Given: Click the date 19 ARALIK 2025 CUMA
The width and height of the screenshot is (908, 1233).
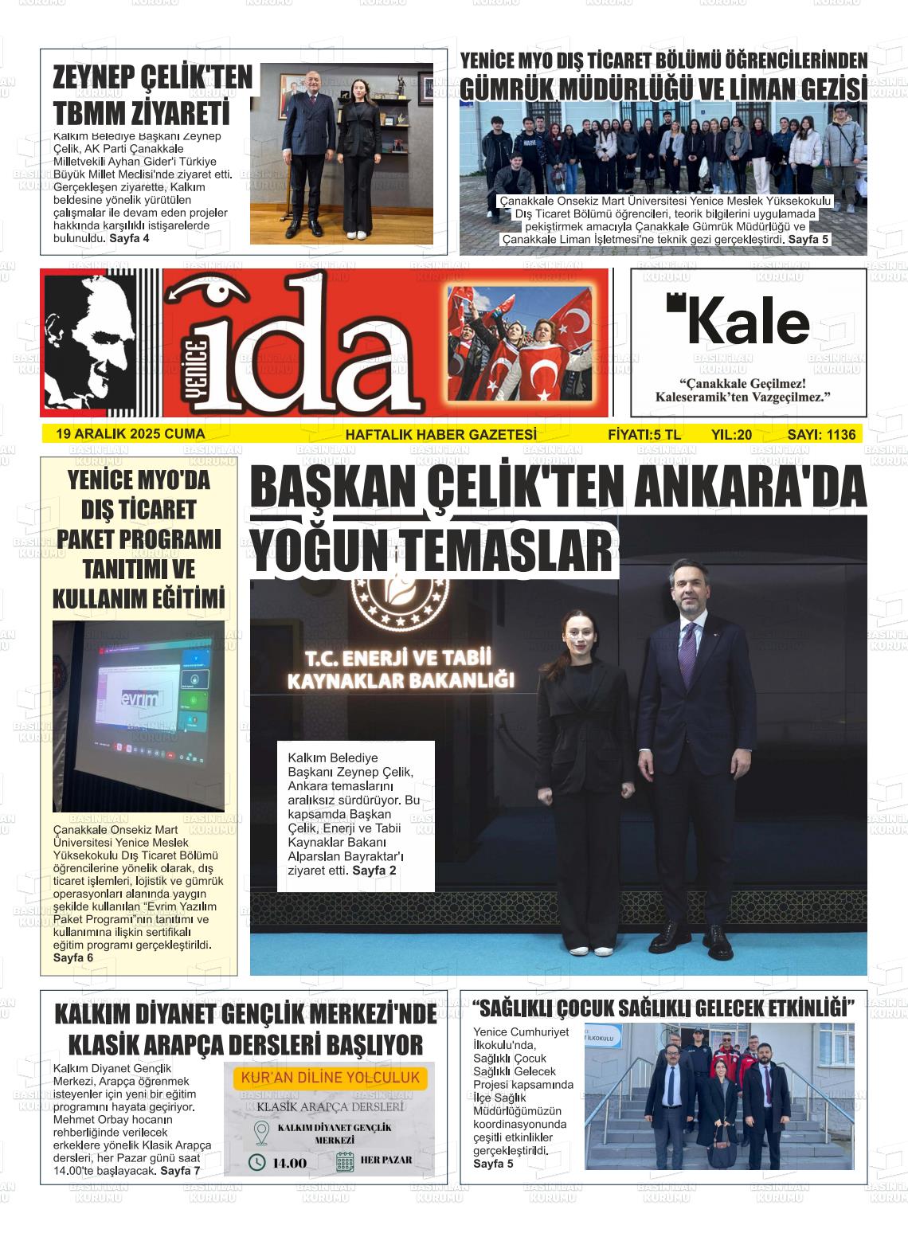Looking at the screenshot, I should (131, 434).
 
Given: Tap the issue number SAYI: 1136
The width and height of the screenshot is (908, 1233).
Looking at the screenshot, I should (821, 435).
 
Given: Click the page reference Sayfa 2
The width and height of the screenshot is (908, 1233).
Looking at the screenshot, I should (374, 871).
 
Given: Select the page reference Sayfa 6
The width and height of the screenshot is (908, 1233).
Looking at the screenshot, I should (73, 957).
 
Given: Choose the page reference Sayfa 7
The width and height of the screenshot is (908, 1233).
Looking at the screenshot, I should (180, 1170).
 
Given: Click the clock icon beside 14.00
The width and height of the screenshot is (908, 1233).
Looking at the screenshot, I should (257, 1162).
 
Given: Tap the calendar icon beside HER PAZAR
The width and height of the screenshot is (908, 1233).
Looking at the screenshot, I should (345, 1161).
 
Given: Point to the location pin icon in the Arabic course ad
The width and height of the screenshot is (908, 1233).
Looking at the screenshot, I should (260, 1133).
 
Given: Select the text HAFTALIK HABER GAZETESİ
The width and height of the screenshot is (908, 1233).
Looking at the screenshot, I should (440, 435).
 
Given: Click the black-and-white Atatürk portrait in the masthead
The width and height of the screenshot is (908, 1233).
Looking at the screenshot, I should (89, 342).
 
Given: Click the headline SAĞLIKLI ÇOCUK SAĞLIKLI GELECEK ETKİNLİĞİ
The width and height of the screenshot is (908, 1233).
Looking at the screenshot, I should (663, 1008).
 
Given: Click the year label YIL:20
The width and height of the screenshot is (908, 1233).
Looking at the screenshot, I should (731, 435).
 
